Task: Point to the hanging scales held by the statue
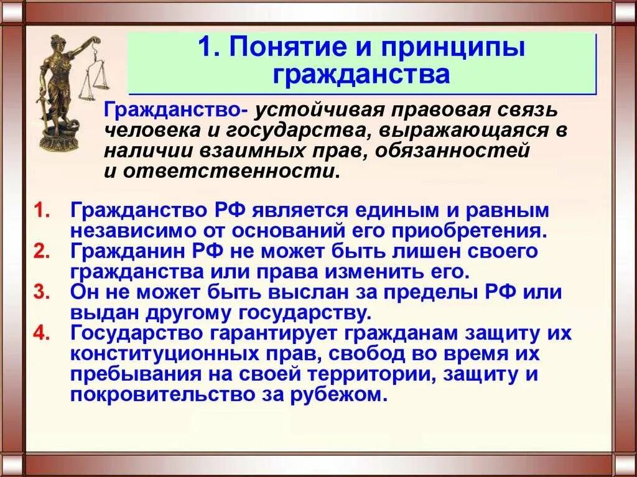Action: click(x=96, y=75)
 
